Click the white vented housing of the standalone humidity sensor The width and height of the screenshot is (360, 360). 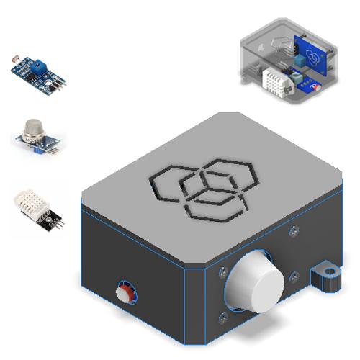[x=33, y=202]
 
